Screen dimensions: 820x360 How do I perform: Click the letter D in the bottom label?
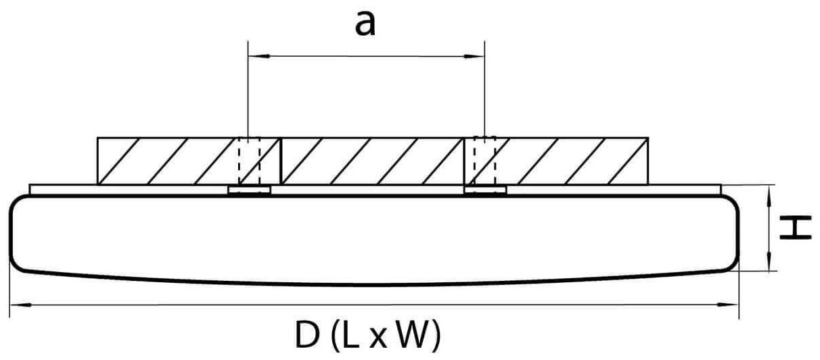(x=306, y=335)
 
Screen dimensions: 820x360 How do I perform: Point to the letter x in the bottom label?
(x=379, y=338)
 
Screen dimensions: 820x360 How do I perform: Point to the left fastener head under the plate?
(x=249, y=190)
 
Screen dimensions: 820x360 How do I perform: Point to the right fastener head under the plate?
(x=485, y=190)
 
